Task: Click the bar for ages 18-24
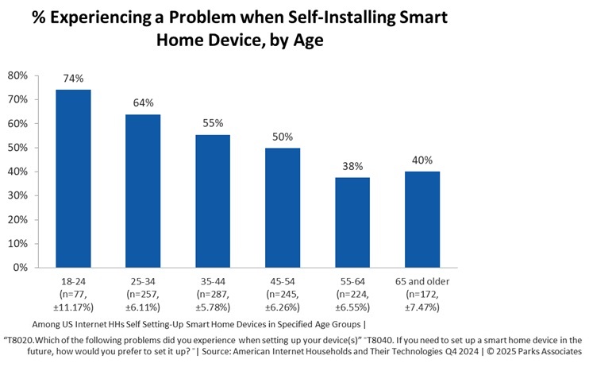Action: pyautogui.click(x=73, y=179)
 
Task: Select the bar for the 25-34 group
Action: pyautogui.click(x=143, y=191)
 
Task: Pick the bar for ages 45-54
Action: pyautogui.click(x=283, y=207)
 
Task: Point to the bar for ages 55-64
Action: pyautogui.click(x=352, y=222)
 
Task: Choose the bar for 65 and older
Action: pyautogui.click(x=422, y=219)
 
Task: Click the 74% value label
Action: pyautogui.click(x=73, y=79)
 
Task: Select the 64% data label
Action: pyautogui.click(x=143, y=103)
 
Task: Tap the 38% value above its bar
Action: pyautogui.click(x=352, y=166)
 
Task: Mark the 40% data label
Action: pyautogui.click(x=422, y=160)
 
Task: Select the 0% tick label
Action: pyautogui.click(x=21, y=268)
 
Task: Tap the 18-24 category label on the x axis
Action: pyautogui.click(x=73, y=281)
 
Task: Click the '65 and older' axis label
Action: pyautogui.click(x=422, y=281)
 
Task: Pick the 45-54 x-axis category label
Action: pyautogui.click(x=283, y=281)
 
